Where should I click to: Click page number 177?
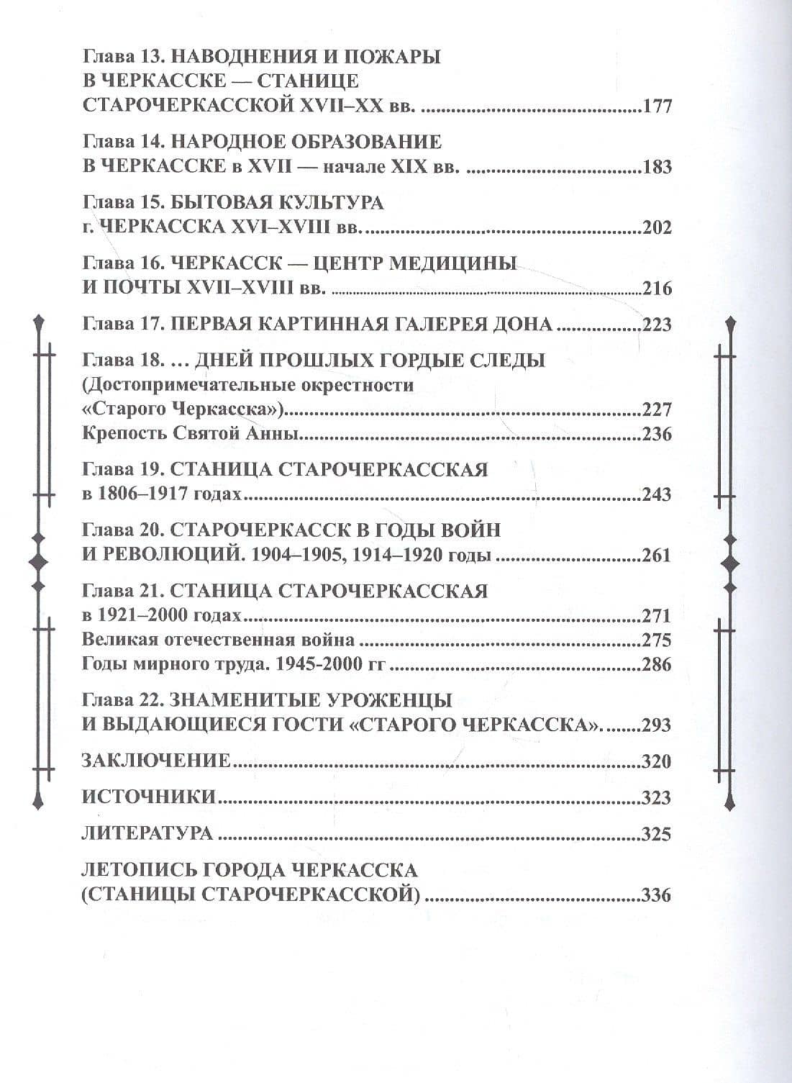(x=657, y=107)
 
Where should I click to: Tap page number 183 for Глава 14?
(x=657, y=167)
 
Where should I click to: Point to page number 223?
(x=657, y=325)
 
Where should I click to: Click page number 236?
(x=657, y=434)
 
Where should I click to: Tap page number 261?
(x=657, y=556)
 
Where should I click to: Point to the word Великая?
(x=119, y=640)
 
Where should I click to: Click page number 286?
(x=657, y=664)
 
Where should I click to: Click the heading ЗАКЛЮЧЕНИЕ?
(x=156, y=761)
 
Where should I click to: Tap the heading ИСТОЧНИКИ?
(x=149, y=797)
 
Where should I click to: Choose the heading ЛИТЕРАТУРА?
(x=147, y=833)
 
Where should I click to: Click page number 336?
(x=657, y=895)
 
